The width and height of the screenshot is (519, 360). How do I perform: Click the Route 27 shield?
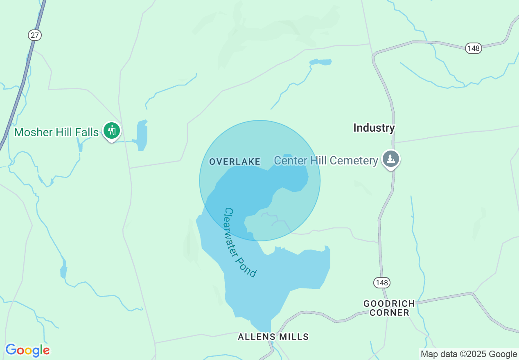coord(35,35)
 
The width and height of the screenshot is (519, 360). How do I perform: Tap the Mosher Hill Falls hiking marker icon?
coord(111,130)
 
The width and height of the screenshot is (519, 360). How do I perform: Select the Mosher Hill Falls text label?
coord(56,132)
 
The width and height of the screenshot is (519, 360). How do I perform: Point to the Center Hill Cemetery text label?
coord(326,160)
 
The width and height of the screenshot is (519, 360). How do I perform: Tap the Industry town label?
coord(374,128)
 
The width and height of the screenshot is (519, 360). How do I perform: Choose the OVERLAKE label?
coord(235,162)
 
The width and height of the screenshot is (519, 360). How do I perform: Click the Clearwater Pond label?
coord(241,243)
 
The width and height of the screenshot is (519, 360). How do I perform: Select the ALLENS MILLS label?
coord(273,337)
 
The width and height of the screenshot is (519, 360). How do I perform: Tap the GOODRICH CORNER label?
coord(389,308)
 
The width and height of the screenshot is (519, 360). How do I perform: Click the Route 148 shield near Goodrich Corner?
coord(381,282)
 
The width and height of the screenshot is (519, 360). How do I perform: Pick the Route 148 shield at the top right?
coord(473,48)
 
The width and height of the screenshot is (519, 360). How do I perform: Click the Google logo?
coord(27,350)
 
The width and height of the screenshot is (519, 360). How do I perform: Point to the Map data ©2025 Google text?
coord(469,354)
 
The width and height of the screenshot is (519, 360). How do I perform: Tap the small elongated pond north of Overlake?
coord(320,62)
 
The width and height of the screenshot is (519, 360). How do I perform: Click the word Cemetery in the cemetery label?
coord(354,160)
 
